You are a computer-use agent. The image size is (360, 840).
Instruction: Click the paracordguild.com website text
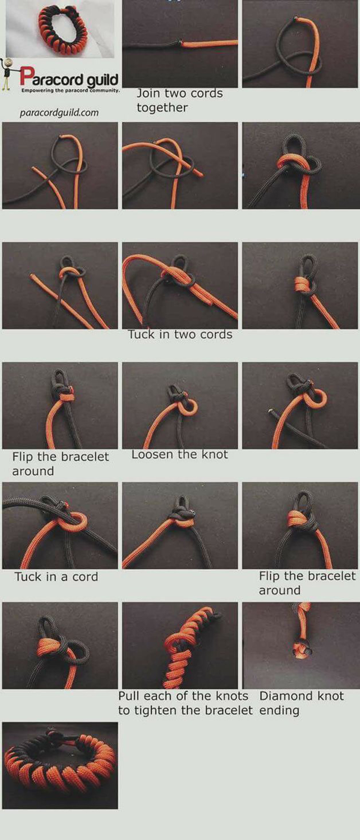click(59, 113)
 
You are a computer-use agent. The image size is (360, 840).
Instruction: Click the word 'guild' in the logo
click(102, 79)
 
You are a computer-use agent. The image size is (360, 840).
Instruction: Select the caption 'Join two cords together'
click(180, 100)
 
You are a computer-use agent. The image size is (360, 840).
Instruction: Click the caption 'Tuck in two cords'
click(180, 335)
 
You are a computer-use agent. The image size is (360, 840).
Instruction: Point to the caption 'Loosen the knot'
click(180, 455)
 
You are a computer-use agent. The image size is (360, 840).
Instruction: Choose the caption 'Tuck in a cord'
click(56, 576)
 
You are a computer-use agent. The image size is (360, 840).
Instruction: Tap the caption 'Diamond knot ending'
click(301, 703)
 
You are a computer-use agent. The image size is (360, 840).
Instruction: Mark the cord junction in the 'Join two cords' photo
click(181, 43)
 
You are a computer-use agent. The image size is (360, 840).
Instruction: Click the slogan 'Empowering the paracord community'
click(70, 90)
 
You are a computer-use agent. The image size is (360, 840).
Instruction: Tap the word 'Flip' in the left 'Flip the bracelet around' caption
click(23, 456)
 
